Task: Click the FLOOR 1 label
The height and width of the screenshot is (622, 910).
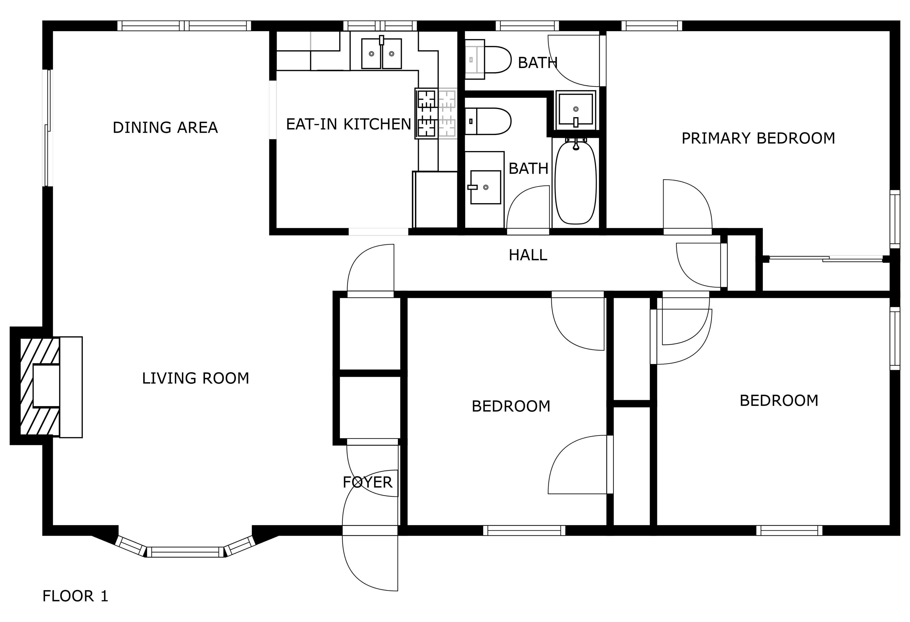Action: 75,596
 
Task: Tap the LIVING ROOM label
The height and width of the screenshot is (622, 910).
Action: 196,378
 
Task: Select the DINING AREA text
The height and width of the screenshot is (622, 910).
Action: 165,128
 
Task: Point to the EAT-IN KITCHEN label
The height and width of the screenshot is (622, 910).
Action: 349,124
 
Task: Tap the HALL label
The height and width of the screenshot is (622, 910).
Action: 528,255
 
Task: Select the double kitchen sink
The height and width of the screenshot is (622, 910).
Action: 381,53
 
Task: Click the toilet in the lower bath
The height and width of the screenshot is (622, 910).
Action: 488,121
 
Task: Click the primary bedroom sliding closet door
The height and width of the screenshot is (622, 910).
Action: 826,259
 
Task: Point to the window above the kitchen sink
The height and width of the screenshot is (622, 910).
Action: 380,26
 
